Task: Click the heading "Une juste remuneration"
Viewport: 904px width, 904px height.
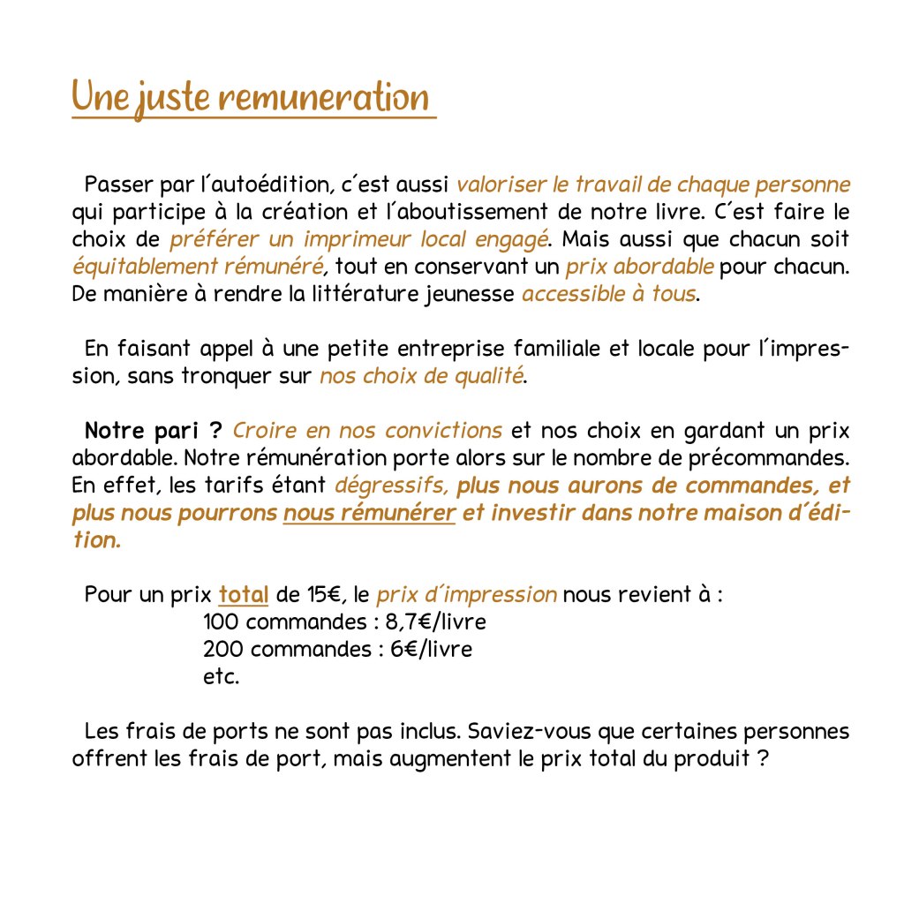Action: (x=251, y=98)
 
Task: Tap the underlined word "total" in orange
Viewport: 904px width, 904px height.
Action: (x=244, y=594)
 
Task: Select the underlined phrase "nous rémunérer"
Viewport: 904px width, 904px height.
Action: (x=369, y=513)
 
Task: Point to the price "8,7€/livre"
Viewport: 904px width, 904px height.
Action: (x=436, y=622)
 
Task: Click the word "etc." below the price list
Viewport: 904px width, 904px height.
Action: (x=221, y=677)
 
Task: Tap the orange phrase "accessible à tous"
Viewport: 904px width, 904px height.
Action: (x=608, y=293)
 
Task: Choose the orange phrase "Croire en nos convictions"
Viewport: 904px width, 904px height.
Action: (x=367, y=431)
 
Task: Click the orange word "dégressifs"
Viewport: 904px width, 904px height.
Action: (x=393, y=486)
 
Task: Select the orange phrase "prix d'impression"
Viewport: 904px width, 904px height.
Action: (x=466, y=594)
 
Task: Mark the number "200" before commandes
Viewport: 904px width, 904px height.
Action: (x=222, y=650)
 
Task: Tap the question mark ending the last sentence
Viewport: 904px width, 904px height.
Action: (x=760, y=759)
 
